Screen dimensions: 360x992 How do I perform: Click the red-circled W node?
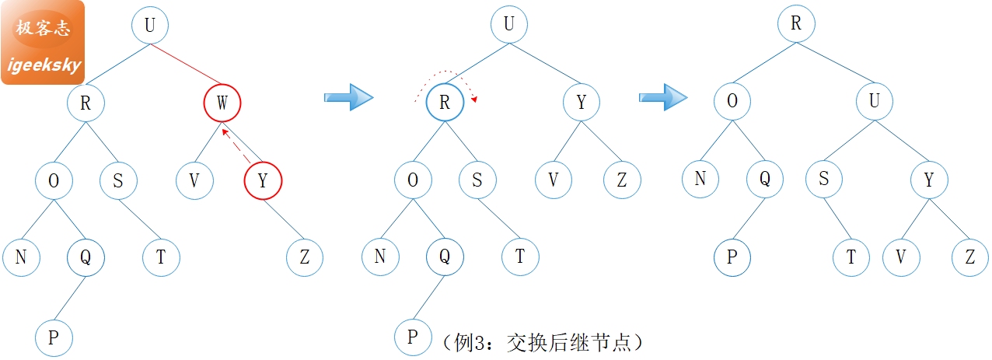(222, 103)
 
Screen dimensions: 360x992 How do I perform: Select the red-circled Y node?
(263, 181)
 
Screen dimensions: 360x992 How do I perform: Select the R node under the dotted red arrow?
(445, 103)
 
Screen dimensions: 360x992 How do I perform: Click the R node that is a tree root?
(796, 24)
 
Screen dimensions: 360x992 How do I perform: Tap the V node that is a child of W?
(194, 181)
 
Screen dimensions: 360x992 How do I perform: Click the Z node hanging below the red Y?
(305, 257)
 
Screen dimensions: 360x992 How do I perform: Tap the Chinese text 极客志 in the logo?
(44, 29)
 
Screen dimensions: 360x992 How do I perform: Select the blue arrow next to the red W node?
(348, 97)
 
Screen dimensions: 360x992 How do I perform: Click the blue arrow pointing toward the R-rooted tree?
(663, 97)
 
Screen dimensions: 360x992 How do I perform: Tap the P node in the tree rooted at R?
(732, 257)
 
